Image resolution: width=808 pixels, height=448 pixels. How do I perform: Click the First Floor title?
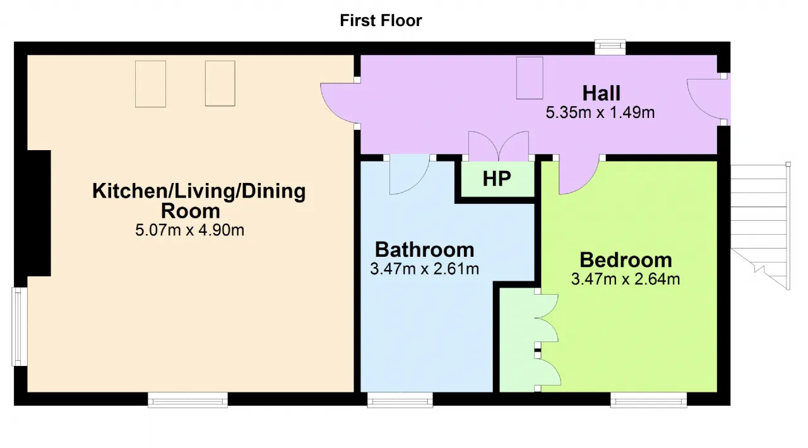(381, 21)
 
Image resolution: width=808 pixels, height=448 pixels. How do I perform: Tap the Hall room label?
(602, 93)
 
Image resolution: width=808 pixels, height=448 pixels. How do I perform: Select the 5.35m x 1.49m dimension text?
(600, 112)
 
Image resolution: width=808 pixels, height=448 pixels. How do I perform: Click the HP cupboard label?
(497, 179)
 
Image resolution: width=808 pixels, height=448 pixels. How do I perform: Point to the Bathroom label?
(425, 250)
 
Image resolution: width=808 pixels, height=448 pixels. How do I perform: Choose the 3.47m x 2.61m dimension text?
(425, 269)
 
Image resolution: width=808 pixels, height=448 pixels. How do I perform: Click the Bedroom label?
(626, 260)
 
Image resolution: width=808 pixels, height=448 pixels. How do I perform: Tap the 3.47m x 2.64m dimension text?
(626, 280)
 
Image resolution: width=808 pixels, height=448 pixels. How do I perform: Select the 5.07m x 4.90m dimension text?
(190, 230)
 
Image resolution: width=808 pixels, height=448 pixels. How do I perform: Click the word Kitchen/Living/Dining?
(199, 191)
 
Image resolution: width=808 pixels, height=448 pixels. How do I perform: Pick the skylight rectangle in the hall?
(530, 78)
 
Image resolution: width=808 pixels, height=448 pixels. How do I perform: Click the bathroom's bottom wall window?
(400, 399)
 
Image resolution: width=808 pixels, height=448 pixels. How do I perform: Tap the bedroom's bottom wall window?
(648, 399)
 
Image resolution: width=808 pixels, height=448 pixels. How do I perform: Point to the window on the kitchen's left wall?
(20, 326)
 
